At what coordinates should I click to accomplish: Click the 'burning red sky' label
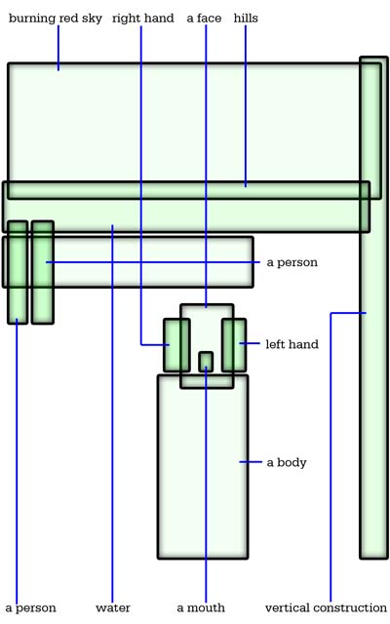(x=56, y=19)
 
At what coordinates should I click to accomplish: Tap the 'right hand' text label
(x=143, y=19)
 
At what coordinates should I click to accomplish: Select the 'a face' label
(x=204, y=18)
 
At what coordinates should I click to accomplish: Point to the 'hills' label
(x=246, y=18)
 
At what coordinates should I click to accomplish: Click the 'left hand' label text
(x=292, y=344)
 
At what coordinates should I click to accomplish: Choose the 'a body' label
(x=287, y=462)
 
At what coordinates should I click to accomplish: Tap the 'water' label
(x=113, y=608)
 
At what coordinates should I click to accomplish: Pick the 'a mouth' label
(x=201, y=608)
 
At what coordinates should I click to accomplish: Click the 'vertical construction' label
(x=326, y=608)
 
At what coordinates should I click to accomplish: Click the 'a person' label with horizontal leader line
(x=292, y=262)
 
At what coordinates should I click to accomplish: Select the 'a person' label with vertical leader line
(x=30, y=608)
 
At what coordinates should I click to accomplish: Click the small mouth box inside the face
(x=206, y=362)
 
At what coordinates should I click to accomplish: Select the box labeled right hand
(x=176, y=345)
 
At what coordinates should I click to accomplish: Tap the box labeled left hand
(x=234, y=345)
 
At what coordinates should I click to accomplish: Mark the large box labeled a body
(x=203, y=467)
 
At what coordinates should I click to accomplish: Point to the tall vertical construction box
(x=373, y=308)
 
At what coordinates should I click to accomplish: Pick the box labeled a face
(x=207, y=346)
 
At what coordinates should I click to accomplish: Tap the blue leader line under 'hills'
(x=246, y=106)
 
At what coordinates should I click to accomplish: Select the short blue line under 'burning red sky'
(x=58, y=48)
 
